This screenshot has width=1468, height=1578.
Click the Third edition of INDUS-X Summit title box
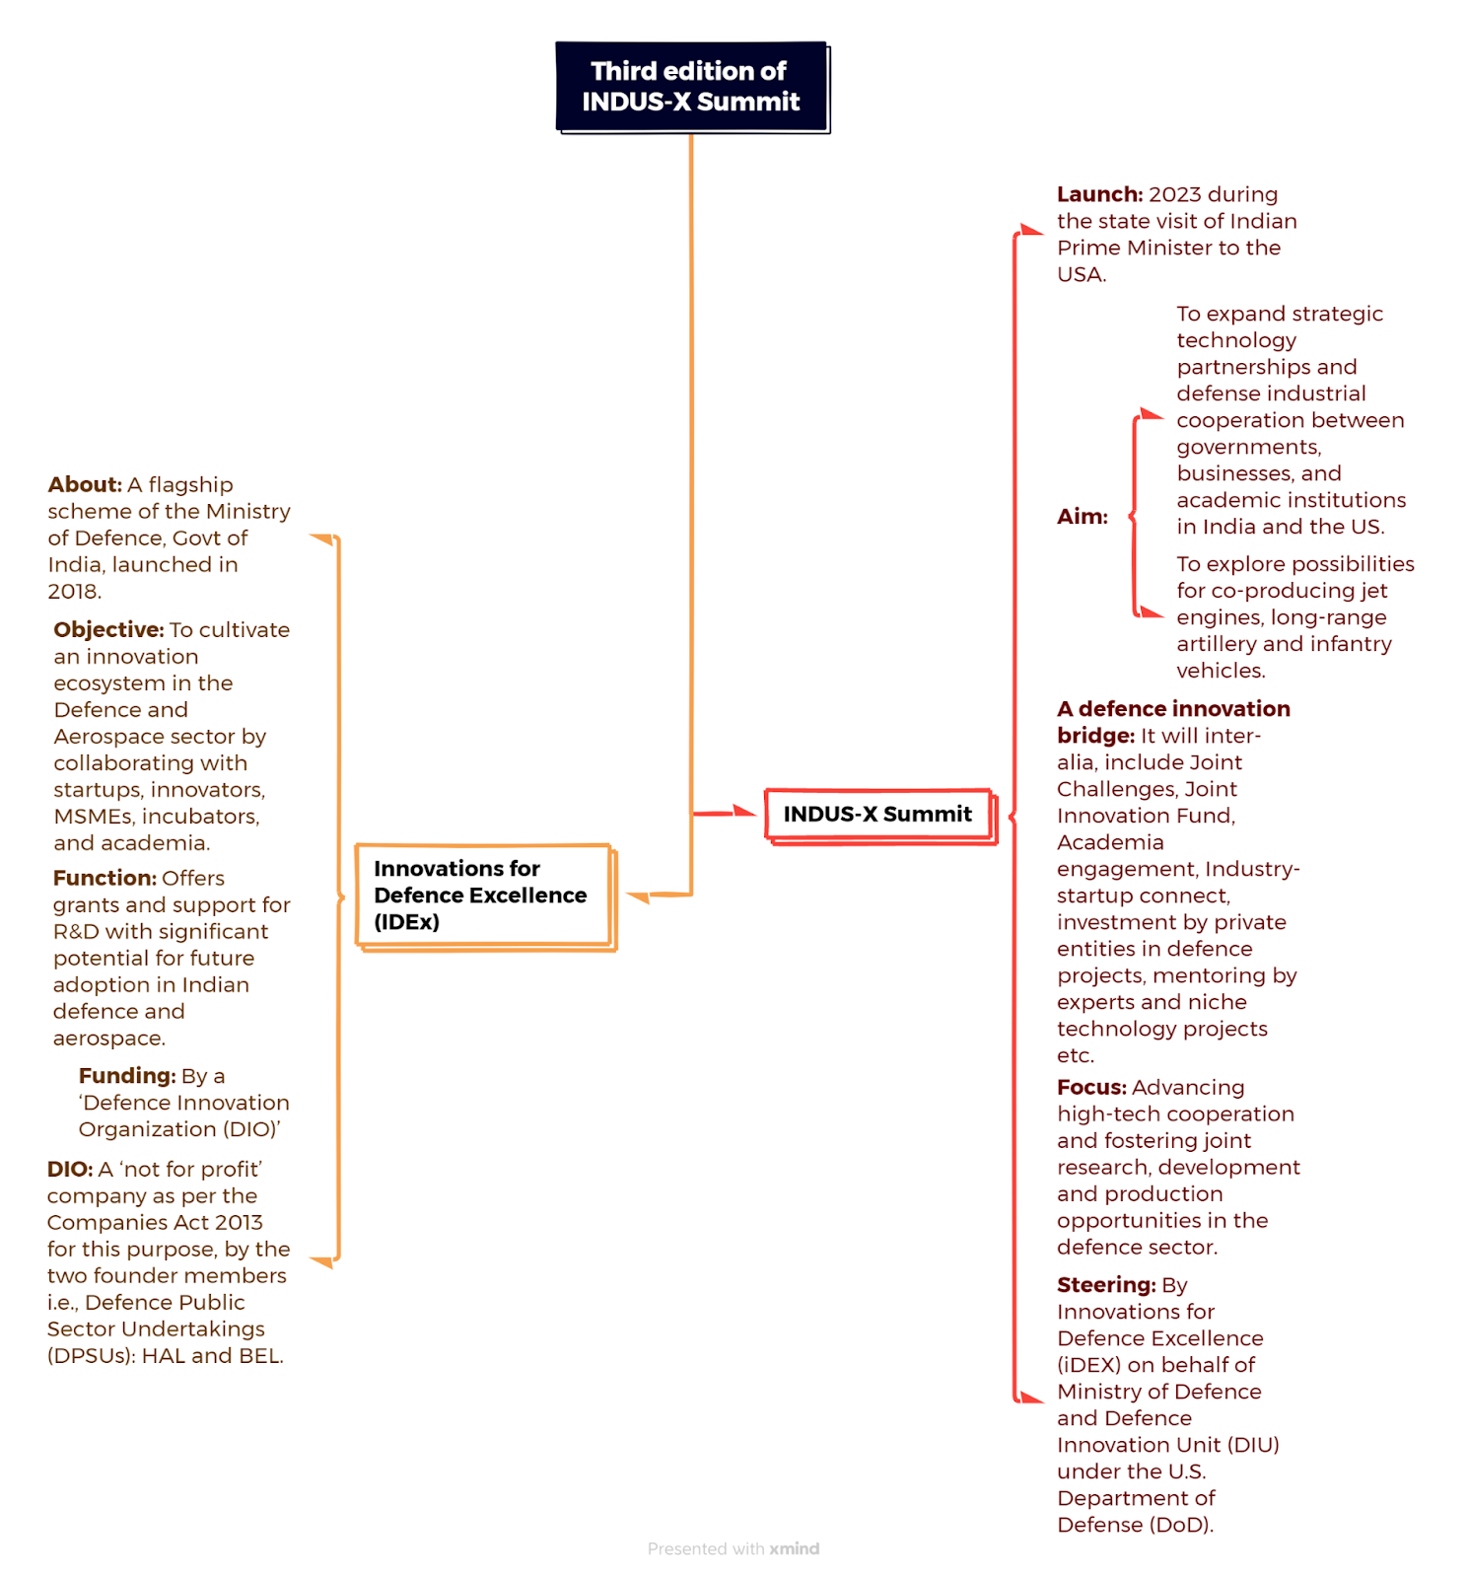coord(692,87)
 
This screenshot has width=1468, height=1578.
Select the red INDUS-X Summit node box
coord(880,816)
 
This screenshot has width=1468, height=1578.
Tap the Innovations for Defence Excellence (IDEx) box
coord(485,897)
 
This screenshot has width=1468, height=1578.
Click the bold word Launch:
coord(1099,194)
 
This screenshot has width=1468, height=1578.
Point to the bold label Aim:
coord(1083,517)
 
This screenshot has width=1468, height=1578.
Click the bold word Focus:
coord(1091,1087)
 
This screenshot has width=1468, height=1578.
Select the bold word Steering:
coord(1106,1285)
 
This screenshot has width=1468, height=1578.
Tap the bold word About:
coord(85,484)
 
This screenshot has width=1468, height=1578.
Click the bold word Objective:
coord(108,629)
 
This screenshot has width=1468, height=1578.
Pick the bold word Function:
coord(105,878)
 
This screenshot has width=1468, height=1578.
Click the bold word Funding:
coord(127,1076)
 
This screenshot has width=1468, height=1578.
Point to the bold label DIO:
coord(70,1170)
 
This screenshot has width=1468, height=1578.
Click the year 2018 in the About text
coord(73,592)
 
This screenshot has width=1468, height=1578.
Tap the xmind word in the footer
coord(795,1548)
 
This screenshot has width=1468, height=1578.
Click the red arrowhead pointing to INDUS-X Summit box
coord(745,812)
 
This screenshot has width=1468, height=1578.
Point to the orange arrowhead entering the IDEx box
coord(638,897)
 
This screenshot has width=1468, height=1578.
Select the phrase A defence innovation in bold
coord(1173,709)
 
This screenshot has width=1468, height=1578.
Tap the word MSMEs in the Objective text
coord(95,817)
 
